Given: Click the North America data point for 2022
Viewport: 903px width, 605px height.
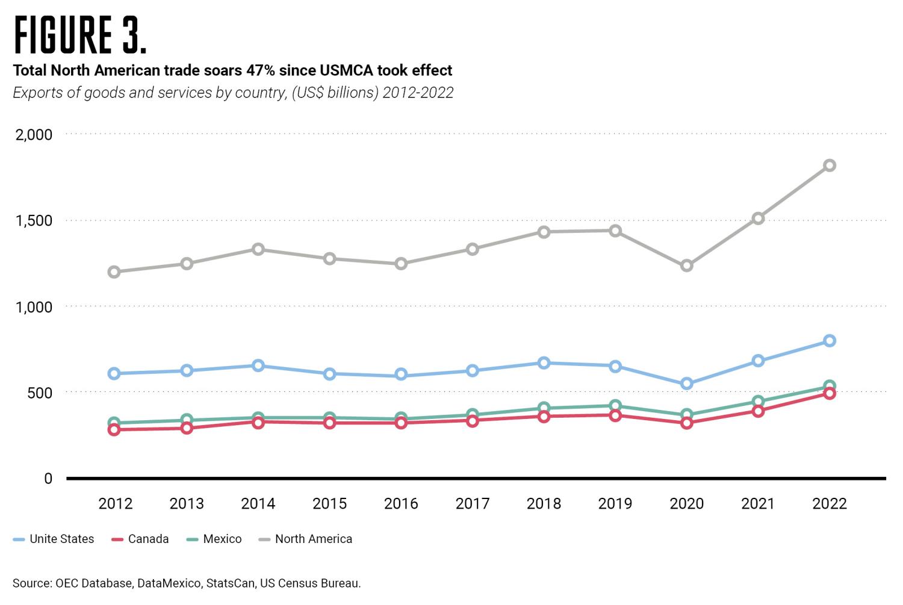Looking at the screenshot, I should [x=829, y=166].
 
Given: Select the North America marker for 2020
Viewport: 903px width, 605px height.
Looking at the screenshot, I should [x=686, y=265].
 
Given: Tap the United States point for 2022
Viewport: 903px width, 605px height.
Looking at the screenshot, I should [x=829, y=341].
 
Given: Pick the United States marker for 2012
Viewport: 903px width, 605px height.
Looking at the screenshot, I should [x=114, y=374].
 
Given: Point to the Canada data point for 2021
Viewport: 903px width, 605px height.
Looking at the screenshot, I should [x=758, y=411].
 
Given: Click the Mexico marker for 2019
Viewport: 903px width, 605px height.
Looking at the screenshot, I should [x=615, y=406].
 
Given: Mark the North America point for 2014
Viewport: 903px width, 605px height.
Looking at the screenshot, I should [x=258, y=249].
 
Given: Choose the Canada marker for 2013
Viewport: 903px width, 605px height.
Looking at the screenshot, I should [x=186, y=428].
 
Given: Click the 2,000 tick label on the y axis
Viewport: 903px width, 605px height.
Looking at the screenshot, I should [x=34, y=134].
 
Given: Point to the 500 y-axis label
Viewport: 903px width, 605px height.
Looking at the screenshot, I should [x=41, y=392].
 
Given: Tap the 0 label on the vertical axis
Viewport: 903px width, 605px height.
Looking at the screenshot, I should [x=48, y=479].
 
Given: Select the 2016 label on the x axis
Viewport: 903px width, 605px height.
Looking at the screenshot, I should [x=401, y=504].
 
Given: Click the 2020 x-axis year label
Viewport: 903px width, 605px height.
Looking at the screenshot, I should [x=686, y=504].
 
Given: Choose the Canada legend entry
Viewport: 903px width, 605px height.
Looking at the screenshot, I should [x=148, y=539].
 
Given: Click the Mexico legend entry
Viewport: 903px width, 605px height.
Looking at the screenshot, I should [x=222, y=539].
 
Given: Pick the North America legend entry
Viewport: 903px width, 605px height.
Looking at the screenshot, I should [x=313, y=539].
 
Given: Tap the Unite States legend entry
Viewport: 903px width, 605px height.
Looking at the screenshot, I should [x=61, y=539].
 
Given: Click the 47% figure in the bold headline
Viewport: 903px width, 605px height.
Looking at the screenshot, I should [x=261, y=71].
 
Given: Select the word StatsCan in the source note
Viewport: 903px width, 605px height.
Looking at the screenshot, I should [x=232, y=583].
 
